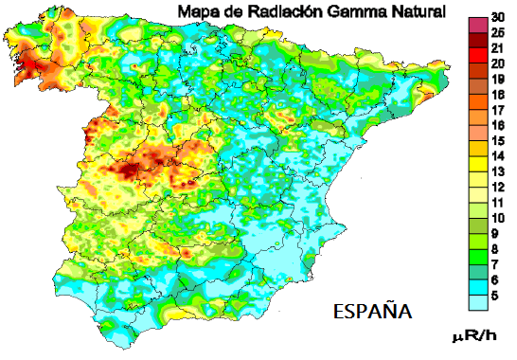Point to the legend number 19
coord(497,81)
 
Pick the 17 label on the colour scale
coord(497,111)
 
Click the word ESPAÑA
coord(373,311)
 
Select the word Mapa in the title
coord(198,11)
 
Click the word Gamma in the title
coord(354,11)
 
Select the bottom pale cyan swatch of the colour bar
coord(478,300)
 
